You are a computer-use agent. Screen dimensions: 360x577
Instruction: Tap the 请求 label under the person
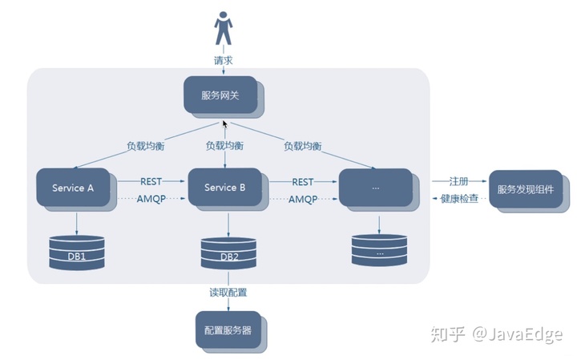point(224,60)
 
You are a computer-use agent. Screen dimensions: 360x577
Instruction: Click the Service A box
point(74,188)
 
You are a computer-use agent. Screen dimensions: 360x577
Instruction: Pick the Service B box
point(224,188)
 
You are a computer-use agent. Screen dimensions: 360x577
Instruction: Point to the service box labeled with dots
point(376,188)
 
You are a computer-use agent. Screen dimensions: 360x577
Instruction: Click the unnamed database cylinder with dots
point(380,251)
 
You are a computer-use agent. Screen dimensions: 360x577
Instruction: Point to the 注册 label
point(459,181)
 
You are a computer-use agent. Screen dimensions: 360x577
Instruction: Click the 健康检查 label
point(460,198)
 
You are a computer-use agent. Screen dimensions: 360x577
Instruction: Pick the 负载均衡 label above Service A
point(146,146)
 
